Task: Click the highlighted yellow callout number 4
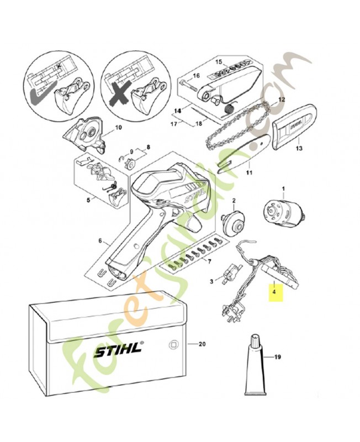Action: coord(274,290)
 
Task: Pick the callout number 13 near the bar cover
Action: coord(299,148)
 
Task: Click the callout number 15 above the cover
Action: coord(218,61)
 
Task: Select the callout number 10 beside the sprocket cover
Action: coord(118,128)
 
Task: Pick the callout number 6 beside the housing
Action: coord(100,241)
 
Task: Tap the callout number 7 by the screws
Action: coord(208,261)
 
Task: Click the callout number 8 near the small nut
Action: coord(148,148)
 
